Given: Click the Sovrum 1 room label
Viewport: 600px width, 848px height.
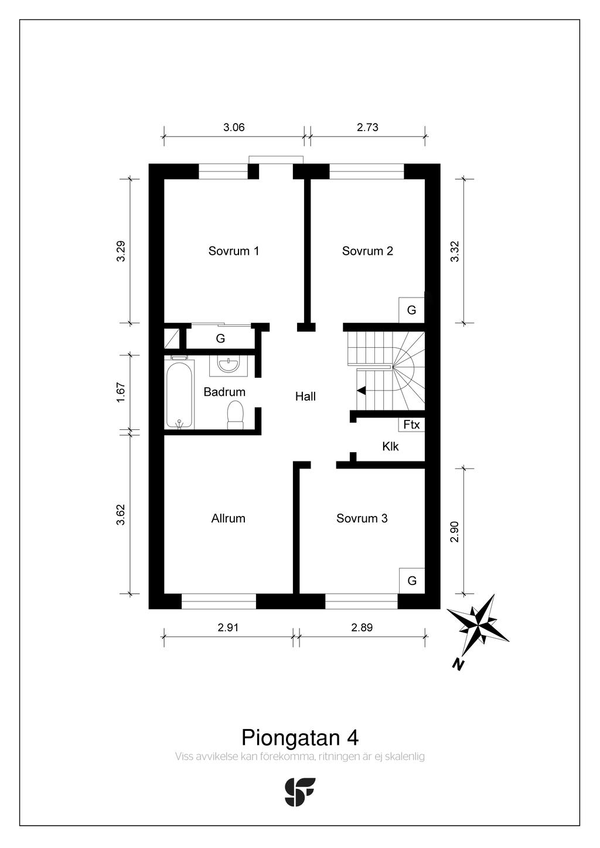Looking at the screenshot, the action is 234,251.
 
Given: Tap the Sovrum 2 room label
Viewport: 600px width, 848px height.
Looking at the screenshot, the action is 367,251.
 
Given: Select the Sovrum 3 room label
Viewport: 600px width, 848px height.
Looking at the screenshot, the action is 362,518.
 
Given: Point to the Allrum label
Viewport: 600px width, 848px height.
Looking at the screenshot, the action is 228,518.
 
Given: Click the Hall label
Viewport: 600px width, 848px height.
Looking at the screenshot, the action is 305,396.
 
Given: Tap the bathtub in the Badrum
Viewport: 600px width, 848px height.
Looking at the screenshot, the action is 180,395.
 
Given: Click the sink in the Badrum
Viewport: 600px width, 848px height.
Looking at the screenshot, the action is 228,365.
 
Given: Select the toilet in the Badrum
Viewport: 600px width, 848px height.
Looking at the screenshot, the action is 235,416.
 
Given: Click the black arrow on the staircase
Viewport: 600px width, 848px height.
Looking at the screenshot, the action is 361,390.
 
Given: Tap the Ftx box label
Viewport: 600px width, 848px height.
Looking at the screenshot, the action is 411,425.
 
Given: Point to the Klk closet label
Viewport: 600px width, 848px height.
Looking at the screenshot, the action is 390,446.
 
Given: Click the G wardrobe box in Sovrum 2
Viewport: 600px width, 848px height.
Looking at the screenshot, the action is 411,310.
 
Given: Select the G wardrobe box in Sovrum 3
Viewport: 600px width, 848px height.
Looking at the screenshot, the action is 412,581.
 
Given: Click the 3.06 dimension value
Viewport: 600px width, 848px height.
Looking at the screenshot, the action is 234,127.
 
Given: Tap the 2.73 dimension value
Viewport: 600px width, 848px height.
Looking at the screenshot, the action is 367,127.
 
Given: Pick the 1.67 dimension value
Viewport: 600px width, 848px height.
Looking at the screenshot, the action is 121,392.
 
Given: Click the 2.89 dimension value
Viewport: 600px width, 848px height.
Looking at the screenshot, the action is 362,627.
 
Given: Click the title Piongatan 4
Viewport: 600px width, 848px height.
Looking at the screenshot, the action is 300,737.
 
